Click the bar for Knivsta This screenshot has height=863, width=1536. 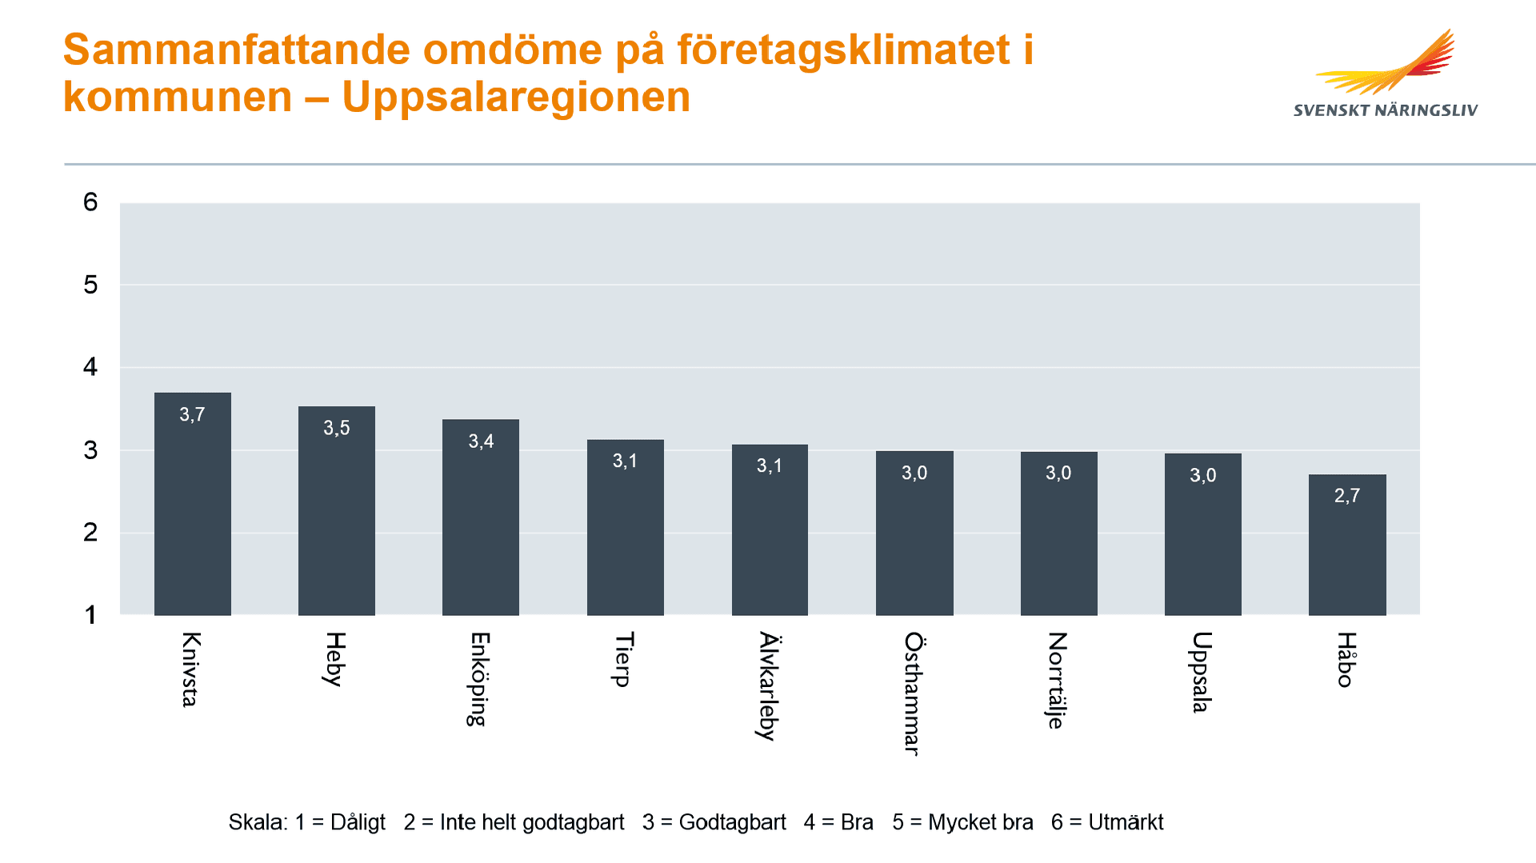point(192,504)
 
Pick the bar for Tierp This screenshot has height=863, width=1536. point(625,528)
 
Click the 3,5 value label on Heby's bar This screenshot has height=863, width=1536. point(336,428)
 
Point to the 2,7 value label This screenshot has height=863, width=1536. point(1347,496)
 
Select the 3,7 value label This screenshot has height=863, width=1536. point(192,414)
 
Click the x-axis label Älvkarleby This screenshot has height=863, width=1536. point(769,685)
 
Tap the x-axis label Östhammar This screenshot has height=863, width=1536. point(914,693)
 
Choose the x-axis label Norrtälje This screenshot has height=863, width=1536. point(1058,680)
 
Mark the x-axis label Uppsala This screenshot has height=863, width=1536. point(1202,672)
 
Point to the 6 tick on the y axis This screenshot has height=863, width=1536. point(90,202)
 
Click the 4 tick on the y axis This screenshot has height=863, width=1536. point(90,367)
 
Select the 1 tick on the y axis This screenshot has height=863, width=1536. point(90,615)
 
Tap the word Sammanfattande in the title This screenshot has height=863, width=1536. point(237,50)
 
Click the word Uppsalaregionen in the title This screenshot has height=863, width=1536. point(516,98)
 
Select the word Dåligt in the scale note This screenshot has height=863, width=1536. point(358,822)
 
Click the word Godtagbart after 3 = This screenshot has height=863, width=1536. point(732,822)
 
